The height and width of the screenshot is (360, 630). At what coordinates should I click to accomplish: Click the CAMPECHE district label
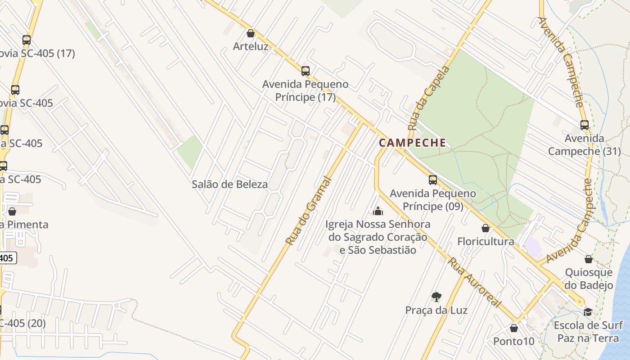[x=412, y=143]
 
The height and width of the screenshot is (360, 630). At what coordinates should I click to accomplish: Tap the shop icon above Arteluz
[x=251, y=33]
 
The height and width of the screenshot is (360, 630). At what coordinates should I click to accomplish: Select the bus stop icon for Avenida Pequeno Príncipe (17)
[x=306, y=71]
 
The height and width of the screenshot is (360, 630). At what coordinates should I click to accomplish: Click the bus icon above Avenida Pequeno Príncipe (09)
[x=433, y=180]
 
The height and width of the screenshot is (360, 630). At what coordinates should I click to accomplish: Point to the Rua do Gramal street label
[x=309, y=211]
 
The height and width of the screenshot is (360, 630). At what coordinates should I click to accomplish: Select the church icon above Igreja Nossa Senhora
[x=378, y=211]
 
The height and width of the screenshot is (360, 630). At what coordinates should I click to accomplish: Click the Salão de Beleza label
[x=229, y=184]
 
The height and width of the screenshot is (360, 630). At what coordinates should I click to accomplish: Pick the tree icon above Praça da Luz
[x=436, y=297]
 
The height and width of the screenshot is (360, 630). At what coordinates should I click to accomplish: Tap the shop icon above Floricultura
[x=486, y=228]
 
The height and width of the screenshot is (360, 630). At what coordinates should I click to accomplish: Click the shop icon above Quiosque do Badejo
[x=589, y=259]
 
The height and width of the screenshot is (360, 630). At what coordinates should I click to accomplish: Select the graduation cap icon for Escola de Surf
[x=588, y=312]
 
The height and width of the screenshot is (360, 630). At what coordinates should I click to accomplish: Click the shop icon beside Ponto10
[x=514, y=328]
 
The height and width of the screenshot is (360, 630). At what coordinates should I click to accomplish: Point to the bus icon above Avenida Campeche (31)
[x=585, y=125]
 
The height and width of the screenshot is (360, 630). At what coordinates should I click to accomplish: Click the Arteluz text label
[x=251, y=46]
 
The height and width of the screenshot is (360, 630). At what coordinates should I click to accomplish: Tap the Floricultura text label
[x=486, y=241]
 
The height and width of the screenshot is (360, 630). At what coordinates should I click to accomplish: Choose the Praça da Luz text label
[x=436, y=310]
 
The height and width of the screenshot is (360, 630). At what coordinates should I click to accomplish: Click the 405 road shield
[x=7, y=258]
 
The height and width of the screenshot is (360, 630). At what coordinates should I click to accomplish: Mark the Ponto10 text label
[x=514, y=341]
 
